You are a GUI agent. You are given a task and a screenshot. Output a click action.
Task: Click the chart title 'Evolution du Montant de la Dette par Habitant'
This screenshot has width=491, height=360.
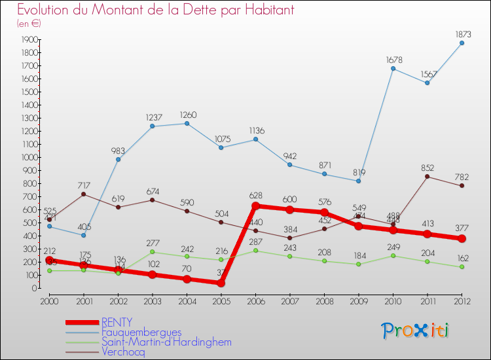tap(156, 10)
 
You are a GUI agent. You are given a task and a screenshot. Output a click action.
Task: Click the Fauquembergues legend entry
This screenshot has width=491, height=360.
tap(141, 332)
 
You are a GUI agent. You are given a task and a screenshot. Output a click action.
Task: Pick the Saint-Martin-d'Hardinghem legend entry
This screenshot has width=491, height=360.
tap(166, 342)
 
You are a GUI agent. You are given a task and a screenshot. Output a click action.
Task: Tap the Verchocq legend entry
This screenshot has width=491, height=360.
tap(123, 351)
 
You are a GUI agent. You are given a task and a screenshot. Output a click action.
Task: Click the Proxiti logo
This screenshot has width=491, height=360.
tap(416, 331)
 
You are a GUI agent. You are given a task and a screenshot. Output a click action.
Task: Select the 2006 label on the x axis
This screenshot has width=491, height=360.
tap(257, 301)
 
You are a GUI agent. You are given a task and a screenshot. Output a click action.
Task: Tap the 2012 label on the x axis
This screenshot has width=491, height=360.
tap(462, 301)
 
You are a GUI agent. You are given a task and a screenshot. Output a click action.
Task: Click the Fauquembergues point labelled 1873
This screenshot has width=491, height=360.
tap(462, 43)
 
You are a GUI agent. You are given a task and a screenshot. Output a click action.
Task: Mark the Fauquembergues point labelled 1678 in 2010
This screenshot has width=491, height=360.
tap(393, 69)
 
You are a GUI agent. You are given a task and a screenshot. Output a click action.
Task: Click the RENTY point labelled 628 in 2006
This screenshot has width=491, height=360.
tap(257, 206)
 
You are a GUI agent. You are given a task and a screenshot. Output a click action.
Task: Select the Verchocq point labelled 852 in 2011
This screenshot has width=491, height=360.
tap(427, 177)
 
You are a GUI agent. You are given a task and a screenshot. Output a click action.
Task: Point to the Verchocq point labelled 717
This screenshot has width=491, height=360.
tap(83, 194)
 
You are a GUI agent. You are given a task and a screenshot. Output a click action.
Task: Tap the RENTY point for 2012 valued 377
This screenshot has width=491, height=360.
tap(462, 239)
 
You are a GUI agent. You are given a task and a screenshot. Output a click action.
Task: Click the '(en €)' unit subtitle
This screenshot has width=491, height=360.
tap(28, 23)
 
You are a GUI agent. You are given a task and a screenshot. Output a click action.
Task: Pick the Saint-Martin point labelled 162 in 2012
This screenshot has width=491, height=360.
tap(462, 267)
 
